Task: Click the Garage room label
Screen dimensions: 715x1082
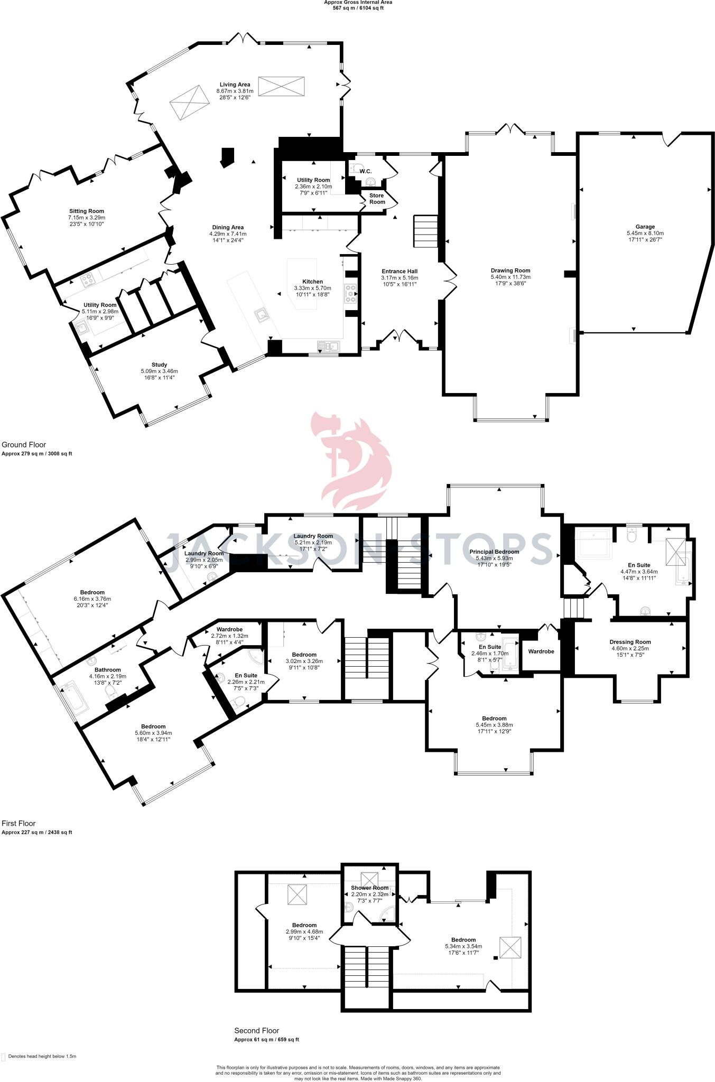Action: pos(645,227)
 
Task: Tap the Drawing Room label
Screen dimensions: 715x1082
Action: pos(510,270)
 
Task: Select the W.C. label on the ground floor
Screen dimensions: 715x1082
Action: pos(366,171)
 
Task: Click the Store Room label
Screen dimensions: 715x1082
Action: pos(377,199)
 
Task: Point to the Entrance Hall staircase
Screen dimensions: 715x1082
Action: pos(425,230)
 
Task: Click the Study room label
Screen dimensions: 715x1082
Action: pos(159,365)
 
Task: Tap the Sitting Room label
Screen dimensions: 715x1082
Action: pos(87,211)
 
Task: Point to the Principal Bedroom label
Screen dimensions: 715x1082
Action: pos(494,552)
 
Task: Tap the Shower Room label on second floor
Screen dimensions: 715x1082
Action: pos(369,888)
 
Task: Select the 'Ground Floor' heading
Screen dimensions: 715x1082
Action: pos(24,445)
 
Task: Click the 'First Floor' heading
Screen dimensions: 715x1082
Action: pos(18,823)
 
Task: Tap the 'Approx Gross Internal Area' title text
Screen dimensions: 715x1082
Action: pos(358,2)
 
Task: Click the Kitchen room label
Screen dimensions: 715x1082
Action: pos(312,282)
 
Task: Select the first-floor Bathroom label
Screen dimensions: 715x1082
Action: pos(108,670)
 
